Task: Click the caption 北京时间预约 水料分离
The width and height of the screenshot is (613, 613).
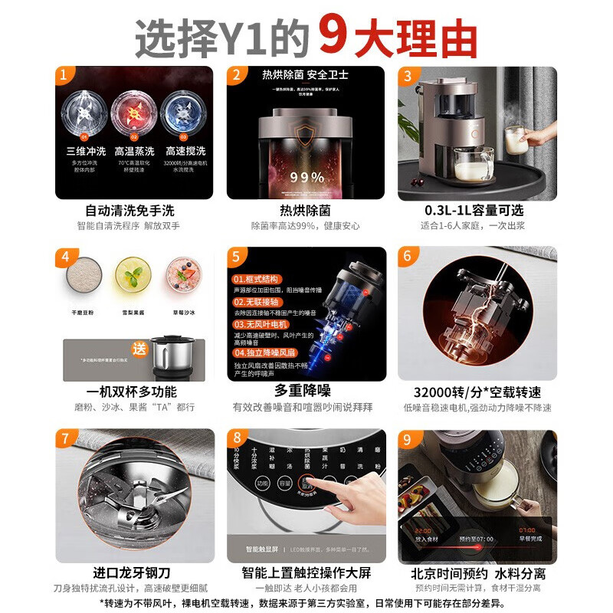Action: [477, 573]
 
